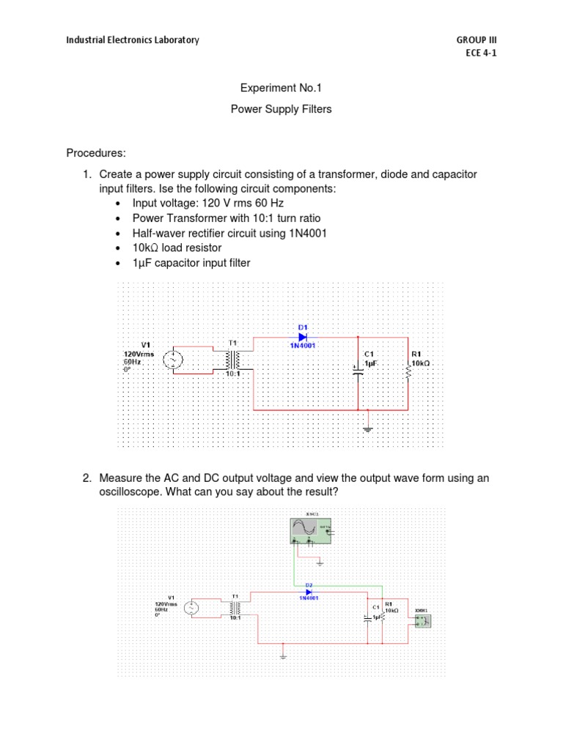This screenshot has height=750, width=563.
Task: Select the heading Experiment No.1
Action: pyautogui.click(x=281, y=88)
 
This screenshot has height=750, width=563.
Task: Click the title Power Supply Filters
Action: pyautogui.click(x=281, y=109)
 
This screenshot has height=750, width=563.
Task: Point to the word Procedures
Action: pyautogui.click(x=96, y=153)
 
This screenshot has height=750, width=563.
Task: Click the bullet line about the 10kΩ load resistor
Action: pyautogui.click(x=177, y=248)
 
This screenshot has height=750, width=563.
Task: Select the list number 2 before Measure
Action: pyautogui.click(x=87, y=478)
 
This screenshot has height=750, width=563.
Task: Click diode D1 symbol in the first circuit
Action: pyautogui.click(x=302, y=337)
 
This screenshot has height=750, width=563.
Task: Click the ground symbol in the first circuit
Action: pyautogui.click(x=368, y=428)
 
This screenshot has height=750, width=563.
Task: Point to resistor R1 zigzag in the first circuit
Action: pyautogui.click(x=408, y=371)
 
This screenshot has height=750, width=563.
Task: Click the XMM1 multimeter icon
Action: pyautogui.click(x=422, y=621)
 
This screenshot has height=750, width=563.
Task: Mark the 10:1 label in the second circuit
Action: pyautogui.click(x=235, y=619)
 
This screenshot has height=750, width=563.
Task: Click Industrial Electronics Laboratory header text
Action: pyautogui.click(x=133, y=40)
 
